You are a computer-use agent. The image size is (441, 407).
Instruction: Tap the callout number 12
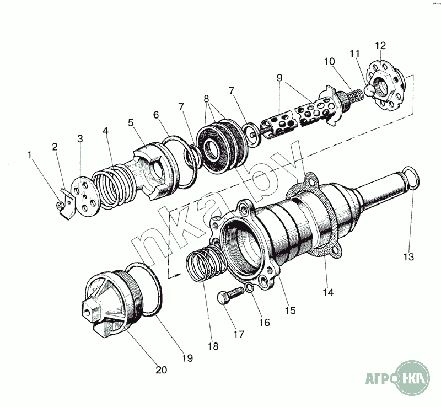pyautogui.click(x=381, y=45)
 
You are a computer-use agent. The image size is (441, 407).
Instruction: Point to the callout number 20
pyautogui.click(x=160, y=370)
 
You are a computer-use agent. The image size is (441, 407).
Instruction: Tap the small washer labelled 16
pyautogui.click(x=250, y=288)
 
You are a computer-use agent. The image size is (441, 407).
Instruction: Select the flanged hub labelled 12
pyautogui.click(x=389, y=88)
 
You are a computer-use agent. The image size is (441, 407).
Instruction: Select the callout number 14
pyautogui.click(x=328, y=292)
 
